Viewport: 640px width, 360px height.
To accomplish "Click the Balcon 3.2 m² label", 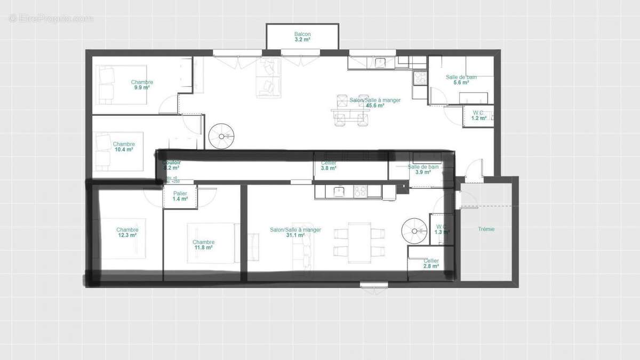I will [x=302, y=37].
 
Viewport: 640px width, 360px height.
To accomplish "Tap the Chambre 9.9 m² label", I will [x=142, y=85].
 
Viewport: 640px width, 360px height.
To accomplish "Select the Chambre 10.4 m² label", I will [x=124, y=147].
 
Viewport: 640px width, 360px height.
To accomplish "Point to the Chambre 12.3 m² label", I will [x=127, y=233].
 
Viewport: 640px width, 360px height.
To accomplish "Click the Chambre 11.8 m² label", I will [x=203, y=245].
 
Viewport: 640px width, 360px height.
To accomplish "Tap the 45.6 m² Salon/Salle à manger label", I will [x=375, y=102].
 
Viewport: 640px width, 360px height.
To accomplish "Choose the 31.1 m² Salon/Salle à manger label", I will [x=295, y=233].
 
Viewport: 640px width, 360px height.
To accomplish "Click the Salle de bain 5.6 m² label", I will [x=461, y=79].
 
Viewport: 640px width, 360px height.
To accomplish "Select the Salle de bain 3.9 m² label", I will [x=423, y=169].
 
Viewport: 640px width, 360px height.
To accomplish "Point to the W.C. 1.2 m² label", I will [x=479, y=115].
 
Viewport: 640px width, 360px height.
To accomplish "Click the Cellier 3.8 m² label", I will [x=329, y=165].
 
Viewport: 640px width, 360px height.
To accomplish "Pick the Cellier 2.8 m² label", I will [x=431, y=263].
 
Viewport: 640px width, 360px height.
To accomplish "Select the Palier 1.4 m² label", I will [x=180, y=196].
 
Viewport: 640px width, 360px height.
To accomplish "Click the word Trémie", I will [x=486, y=229].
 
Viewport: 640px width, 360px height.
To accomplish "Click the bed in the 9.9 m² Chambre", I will [x=107, y=85].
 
